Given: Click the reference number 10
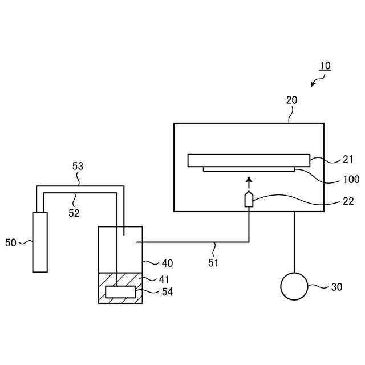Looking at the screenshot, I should pos(325,66).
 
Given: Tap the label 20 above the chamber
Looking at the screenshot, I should pos(291,100).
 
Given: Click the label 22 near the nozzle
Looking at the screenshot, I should pos(348,201).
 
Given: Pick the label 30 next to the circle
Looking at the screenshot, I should pos(336,287).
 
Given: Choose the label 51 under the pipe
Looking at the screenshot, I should pos(213,263).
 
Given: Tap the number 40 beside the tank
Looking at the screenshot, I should pos(167,263).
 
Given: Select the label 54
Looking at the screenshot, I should pos(167,292).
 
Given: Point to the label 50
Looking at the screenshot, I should pos(11,242).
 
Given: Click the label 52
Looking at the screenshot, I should pos(75,213).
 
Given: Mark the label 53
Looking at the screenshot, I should pos(78,166).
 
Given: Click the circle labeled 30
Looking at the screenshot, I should pos(294,286).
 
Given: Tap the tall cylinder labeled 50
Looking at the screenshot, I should pos(40,242).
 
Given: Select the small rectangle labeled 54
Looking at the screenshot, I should pos(120,292).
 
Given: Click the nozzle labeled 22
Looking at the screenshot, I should pos(249,200).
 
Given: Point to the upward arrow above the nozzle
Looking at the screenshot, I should pos(249,182).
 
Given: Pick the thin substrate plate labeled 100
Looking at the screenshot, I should pos(249,169).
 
